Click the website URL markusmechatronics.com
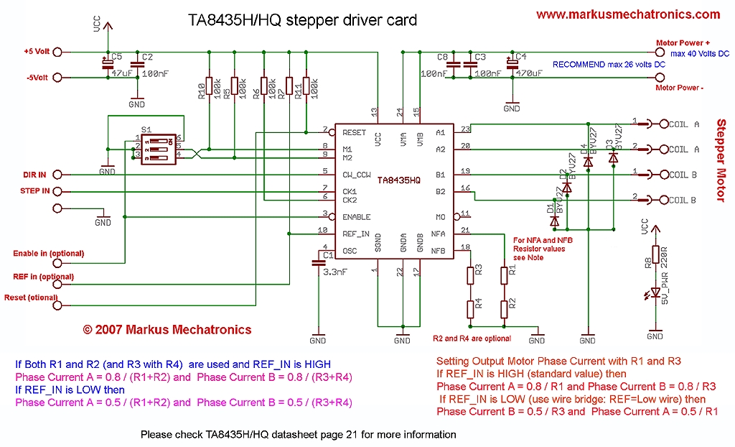pyautogui.click(x=627, y=14)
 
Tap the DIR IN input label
pyautogui.click(x=34, y=175)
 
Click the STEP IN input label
pyautogui.click(x=35, y=191)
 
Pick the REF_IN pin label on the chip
pyautogui.click(x=356, y=233)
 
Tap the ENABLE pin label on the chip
pyautogui.click(x=357, y=216)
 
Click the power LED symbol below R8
pyautogui.click(x=655, y=293)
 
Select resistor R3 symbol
pyautogui.click(x=470, y=275)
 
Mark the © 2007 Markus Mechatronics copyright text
pyautogui.click(x=167, y=330)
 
